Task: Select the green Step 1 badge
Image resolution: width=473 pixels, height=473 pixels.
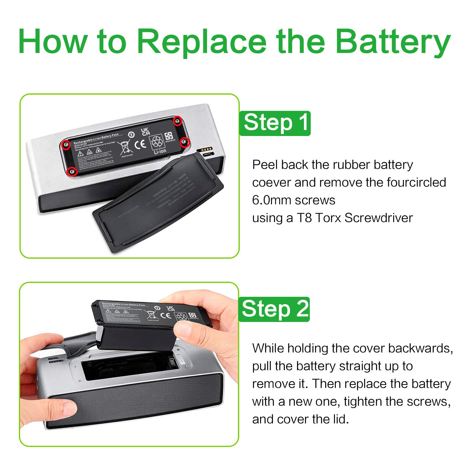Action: click(x=275, y=123)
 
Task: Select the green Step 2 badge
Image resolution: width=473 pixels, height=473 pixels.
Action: click(x=274, y=309)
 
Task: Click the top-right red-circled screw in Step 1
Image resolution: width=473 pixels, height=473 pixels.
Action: click(x=177, y=120)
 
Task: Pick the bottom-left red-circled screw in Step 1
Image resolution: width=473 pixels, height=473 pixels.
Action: click(x=72, y=171)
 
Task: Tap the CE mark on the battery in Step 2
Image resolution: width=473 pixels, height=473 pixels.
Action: click(x=167, y=315)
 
